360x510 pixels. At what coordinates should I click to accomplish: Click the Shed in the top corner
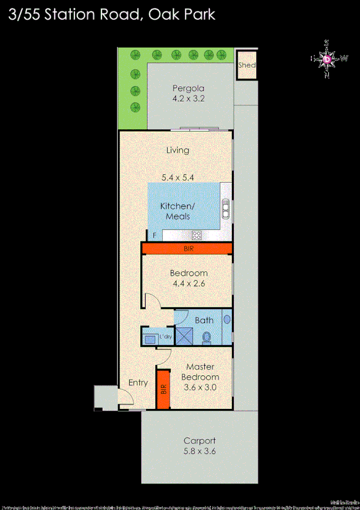pyautogui.click(x=246, y=66)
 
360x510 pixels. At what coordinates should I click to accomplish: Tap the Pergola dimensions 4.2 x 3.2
pyautogui.click(x=188, y=99)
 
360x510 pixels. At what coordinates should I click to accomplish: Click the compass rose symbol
pyautogui.click(x=327, y=59)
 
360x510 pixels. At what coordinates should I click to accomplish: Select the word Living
pyautogui.click(x=178, y=150)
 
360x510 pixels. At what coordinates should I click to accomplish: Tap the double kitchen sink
pyautogui.click(x=225, y=209)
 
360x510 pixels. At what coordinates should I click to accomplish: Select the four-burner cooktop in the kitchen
pyautogui.click(x=196, y=235)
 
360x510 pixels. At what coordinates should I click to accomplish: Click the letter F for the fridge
pyautogui.click(x=154, y=235)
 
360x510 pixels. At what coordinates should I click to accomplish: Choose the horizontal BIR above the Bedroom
pyautogui.click(x=188, y=248)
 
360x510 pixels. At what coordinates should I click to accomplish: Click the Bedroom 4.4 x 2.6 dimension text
pyautogui.click(x=189, y=283)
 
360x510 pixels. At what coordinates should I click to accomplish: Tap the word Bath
pyautogui.click(x=204, y=321)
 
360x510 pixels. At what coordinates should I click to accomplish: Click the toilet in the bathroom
pyautogui.click(x=207, y=337)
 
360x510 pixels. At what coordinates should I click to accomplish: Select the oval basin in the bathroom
pyautogui.click(x=227, y=319)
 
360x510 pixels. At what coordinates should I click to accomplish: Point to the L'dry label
pyautogui.click(x=164, y=337)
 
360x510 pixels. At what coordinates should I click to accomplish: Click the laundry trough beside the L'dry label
pyautogui.click(x=148, y=337)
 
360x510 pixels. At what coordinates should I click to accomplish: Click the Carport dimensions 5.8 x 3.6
pyautogui.click(x=200, y=450)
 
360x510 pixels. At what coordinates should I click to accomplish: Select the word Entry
pyautogui.click(x=138, y=382)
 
